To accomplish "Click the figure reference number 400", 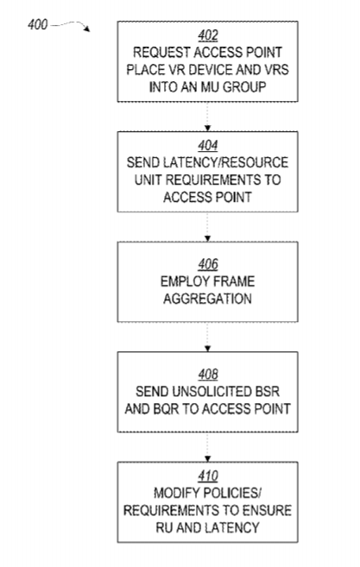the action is (38, 24).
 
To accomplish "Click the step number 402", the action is (208, 35).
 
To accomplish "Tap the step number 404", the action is (208, 145).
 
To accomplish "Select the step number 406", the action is (208, 264).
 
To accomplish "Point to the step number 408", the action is (208, 375).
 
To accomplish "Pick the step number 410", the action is (208, 476).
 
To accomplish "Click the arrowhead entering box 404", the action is (207, 129).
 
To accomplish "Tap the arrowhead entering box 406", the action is (207, 239).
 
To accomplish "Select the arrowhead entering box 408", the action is (207, 349).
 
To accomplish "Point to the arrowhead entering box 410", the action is (207, 459).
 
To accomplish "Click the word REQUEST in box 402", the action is (161, 53).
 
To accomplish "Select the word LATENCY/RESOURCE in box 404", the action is (207, 163).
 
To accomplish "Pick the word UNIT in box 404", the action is (148, 180).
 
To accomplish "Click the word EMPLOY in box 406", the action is (183, 281).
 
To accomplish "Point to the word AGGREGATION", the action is (207, 299).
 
